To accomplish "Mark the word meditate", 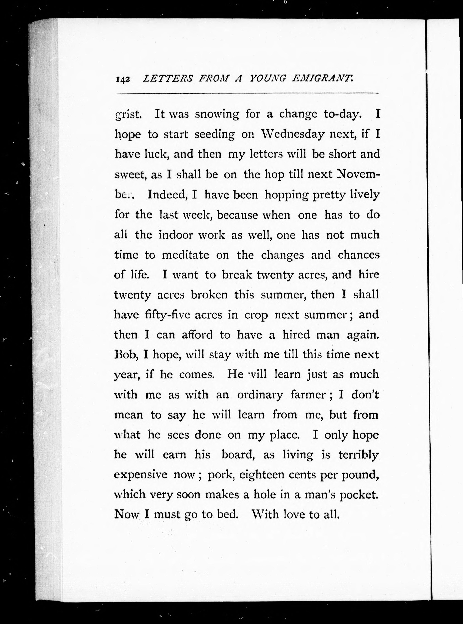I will pyautogui.click(x=186, y=255).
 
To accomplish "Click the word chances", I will pyautogui.click(x=358, y=255).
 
